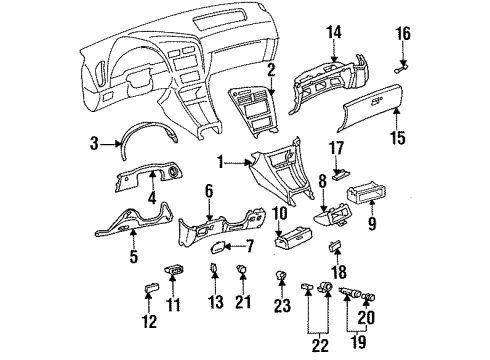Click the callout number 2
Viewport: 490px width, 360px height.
coord(270,68)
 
